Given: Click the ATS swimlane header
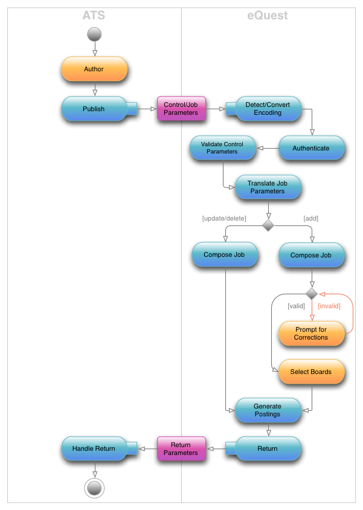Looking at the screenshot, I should click(94, 15).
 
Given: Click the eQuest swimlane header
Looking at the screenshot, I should click(268, 15).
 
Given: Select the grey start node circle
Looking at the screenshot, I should click(94, 34).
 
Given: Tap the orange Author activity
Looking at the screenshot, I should click(94, 69).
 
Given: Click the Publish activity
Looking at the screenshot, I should click(94, 109).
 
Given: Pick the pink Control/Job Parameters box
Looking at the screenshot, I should click(181, 109).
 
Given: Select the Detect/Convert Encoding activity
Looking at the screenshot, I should click(268, 109).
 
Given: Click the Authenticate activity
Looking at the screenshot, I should click(311, 148).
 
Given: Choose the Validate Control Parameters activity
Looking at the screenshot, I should click(222, 148).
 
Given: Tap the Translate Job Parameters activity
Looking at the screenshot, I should click(268, 187).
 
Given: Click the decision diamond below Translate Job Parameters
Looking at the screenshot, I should click(268, 225).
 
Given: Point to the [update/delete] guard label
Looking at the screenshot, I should click(224, 218).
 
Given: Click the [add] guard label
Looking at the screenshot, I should click(310, 218).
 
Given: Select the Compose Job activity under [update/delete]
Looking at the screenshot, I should click(225, 255).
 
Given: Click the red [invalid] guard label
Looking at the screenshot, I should click(329, 306).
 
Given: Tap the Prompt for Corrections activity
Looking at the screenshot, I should click(311, 334).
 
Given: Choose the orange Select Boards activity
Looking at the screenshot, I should click(311, 372).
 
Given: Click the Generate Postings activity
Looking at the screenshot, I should click(268, 410).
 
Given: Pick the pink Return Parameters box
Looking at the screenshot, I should click(181, 449).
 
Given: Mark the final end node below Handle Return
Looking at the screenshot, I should click(94, 487).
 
